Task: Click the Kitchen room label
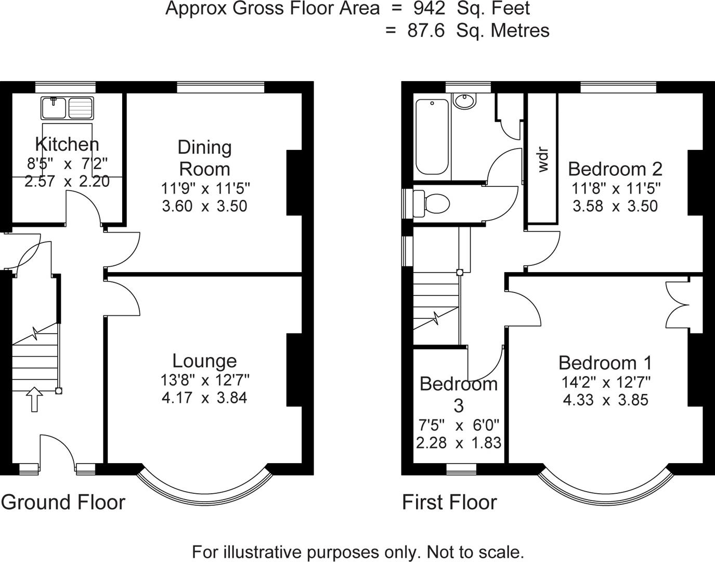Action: (67, 144)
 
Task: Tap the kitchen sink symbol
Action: (67, 108)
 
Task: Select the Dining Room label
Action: (204, 158)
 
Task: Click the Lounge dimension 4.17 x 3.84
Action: (204, 398)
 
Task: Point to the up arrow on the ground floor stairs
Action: (34, 399)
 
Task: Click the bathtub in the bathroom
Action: (432, 137)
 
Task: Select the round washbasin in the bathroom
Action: (464, 100)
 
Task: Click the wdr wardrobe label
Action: (543, 160)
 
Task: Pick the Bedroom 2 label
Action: (615, 169)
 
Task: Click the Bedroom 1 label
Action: (605, 363)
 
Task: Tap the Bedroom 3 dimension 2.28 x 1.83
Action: (459, 443)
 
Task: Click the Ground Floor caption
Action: (63, 502)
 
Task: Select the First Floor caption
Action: (449, 502)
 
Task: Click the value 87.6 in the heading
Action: (426, 31)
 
